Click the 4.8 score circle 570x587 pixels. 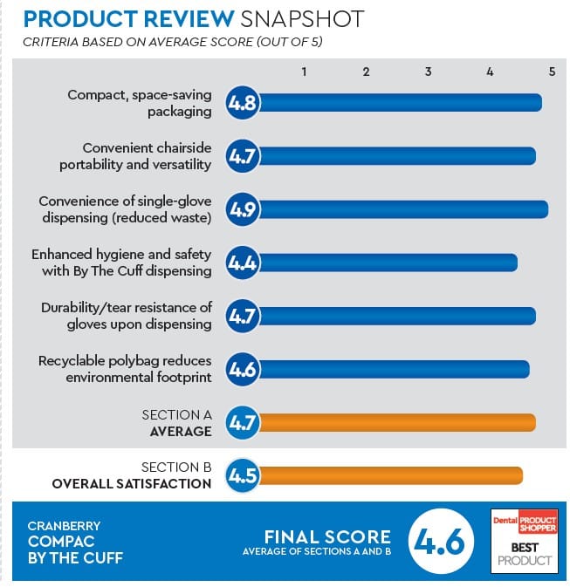click(242, 103)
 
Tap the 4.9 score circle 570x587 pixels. click(242, 209)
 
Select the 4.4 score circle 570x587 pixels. click(242, 263)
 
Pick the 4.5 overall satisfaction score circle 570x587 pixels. click(242, 476)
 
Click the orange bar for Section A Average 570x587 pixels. click(396, 423)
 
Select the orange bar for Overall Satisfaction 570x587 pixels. click(390, 476)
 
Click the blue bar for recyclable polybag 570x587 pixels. click(394, 369)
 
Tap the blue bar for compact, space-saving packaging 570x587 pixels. click(400, 103)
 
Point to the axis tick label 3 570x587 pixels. click(428, 72)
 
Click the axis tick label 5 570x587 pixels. click(552, 72)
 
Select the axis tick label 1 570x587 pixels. click(304, 72)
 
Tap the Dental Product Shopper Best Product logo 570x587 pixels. click(524, 539)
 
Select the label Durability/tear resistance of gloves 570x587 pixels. click(127, 316)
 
